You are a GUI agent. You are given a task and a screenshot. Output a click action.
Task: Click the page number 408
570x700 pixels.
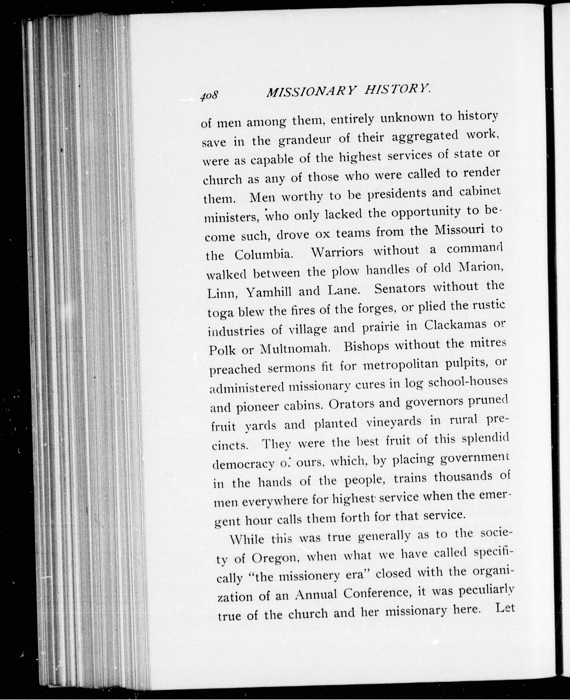pyautogui.click(x=209, y=95)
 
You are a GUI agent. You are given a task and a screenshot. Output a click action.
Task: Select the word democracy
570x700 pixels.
pyautogui.click(x=243, y=464)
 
